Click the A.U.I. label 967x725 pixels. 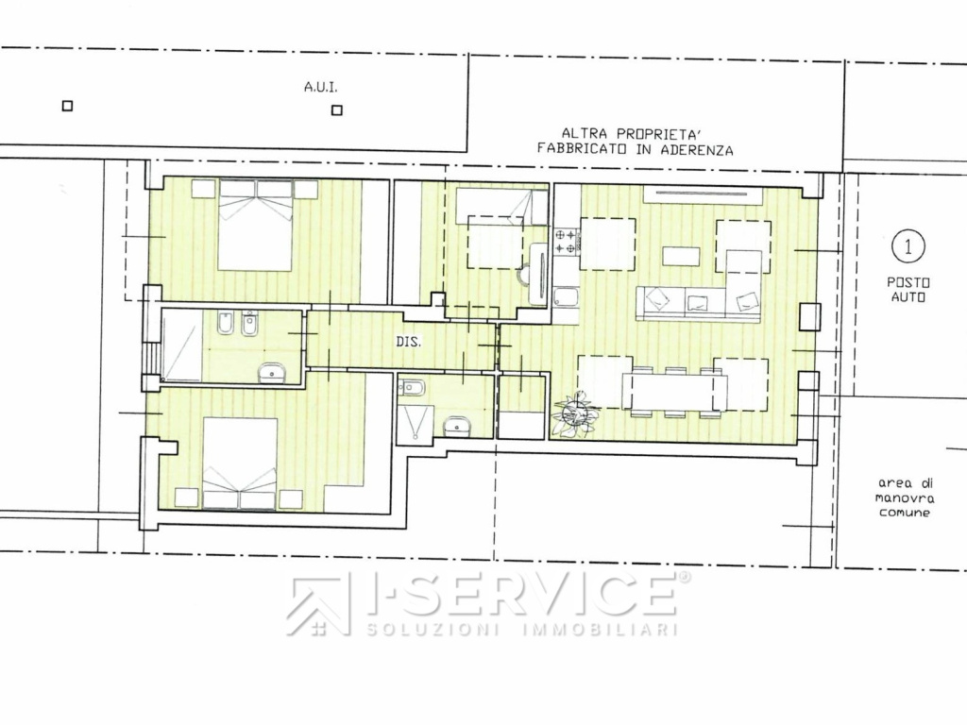[321, 88]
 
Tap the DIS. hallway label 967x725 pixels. [409, 341]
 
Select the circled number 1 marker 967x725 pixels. [908, 246]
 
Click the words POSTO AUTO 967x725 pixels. [908, 290]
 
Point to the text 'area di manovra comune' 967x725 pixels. [905, 498]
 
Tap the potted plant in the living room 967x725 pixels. [577, 413]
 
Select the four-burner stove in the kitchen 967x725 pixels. [567, 242]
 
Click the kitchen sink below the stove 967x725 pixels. [566, 298]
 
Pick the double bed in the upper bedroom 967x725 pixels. [255, 225]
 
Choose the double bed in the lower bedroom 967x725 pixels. [240, 464]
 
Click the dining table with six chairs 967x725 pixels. [675, 393]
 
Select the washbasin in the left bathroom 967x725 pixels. [272, 373]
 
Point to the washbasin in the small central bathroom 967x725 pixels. [457, 426]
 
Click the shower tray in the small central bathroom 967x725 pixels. [416, 422]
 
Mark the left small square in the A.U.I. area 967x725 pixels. [68, 106]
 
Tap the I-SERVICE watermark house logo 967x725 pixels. [317, 606]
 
